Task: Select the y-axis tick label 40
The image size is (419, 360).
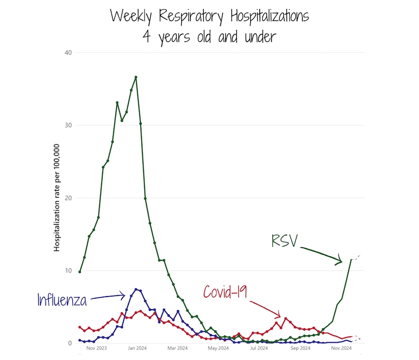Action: coord(68,52)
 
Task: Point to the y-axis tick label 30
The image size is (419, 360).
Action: coord(68,125)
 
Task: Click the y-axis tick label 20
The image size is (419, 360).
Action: coord(68,198)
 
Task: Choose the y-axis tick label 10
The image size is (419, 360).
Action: coord(68,271)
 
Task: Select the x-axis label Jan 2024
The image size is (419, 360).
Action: coord(137,348)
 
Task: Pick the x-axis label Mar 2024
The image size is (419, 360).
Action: coord(178,348)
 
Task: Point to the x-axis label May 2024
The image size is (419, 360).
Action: coord(218,348)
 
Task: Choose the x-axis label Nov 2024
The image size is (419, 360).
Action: coord(340,348)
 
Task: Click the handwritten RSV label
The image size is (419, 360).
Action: coord(284,241)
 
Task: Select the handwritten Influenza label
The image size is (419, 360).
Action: coord(61,300)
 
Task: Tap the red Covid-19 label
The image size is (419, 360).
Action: coord(225,292)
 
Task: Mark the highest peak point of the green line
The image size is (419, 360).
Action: coord(136,77)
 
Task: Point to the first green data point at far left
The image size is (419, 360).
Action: coord(80,271)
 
